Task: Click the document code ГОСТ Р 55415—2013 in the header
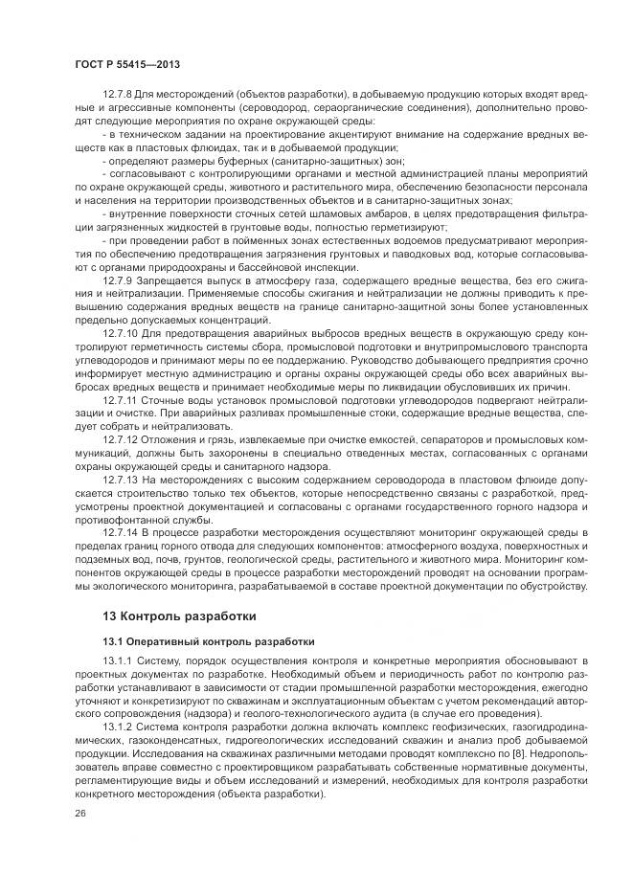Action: [x=126, y=63]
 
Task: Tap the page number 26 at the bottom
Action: [x=79, y=813]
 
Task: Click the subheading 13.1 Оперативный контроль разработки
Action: [x=194, y=640]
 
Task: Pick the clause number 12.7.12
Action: [x=120, y=437]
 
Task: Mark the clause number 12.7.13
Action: [x=120, y=478]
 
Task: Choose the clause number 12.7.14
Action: [x=120, y=531]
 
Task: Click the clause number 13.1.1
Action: [x=117, y=661]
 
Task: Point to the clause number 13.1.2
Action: [x=117, y=727]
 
